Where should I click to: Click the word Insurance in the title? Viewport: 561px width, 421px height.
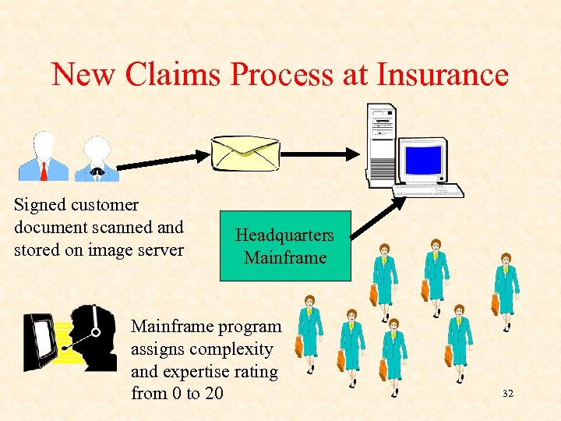pos(443,75)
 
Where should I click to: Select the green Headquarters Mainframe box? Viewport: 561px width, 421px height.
pos(285,246)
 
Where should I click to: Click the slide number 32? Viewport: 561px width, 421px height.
pos(508,394)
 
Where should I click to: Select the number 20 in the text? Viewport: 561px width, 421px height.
pos(213,394)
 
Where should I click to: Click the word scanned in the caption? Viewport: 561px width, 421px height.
pos(131,228)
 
